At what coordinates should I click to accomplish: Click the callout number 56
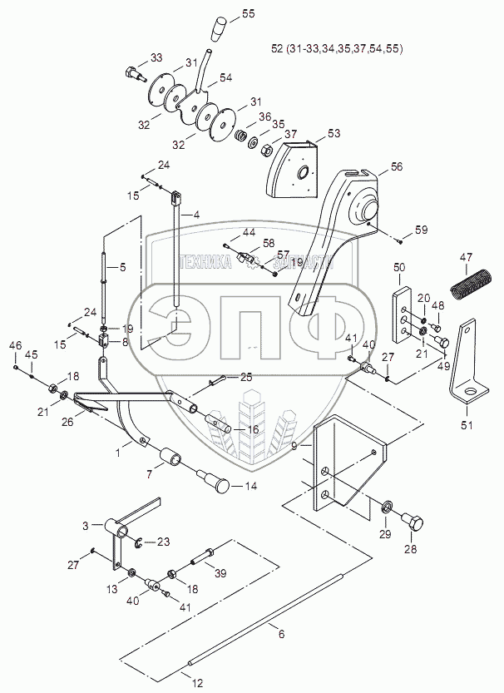pos(396,166)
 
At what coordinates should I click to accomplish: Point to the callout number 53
pos(333,133)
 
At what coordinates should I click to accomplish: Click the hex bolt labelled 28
pos(413,525)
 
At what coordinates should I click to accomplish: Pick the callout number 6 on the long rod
pos(281,634)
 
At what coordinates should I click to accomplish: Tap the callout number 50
pos(399,267)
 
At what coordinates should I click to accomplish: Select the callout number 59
pos(422,229)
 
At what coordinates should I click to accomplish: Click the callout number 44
pos(249,230)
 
